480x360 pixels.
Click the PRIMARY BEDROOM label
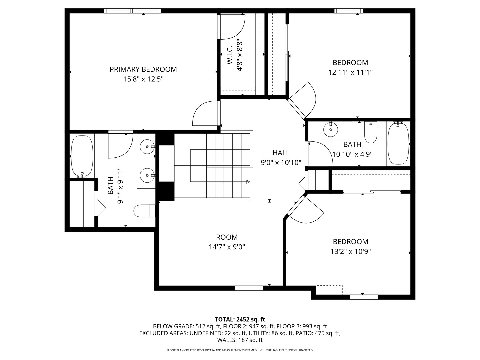[143, 69]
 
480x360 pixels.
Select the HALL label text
[281, 153]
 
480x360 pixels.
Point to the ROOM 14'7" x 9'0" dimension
[227, 247]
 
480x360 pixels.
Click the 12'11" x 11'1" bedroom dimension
[350, 72]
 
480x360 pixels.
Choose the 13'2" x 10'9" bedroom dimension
[350, 251]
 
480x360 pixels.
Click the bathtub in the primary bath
[82, 156]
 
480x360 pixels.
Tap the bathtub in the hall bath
[398, 143]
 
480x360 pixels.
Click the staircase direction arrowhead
[248, 182]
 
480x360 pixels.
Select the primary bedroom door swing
[205, 114]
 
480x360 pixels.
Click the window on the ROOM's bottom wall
[249, 288]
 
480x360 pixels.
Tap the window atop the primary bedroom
[133, 11]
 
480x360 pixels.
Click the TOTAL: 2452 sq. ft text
[240, 319]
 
